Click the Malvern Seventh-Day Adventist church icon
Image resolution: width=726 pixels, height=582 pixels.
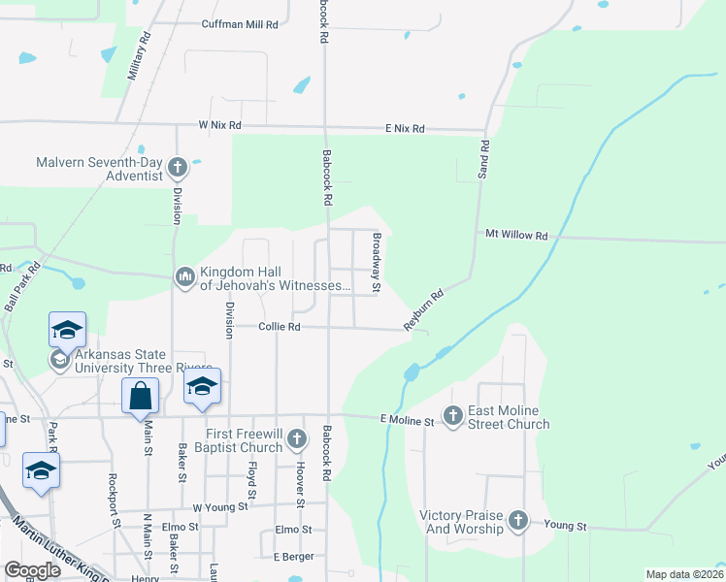pyautogui.click(x=177, y=169)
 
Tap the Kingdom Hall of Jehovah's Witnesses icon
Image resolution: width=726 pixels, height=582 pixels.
pyautogui.click(x=185, y=278)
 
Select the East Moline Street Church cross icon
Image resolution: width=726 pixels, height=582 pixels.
pyautogui.click(x=453, y=416)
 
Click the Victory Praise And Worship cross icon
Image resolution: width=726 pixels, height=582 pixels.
pyautogui.click(x=517, y=521)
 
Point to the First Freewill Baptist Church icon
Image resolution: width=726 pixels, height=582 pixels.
pyautogui.click(x=297, y=441)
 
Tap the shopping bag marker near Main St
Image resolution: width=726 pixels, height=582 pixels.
pyautogui.click(x=140, y=396)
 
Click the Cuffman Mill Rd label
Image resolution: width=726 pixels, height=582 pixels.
pyautogui.click(x=239, y=24)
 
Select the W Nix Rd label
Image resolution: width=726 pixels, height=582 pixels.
pyautogui.click(x=218, y=125)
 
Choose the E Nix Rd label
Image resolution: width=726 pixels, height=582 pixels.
pyautogui.click(x=405, y=128)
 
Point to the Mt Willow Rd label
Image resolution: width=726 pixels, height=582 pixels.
pyautogui.click(x=516, y=235)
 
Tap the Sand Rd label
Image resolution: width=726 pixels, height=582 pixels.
pyautogui.click(x=484, y=158)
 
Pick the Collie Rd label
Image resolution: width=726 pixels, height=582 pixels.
pyautogui.click(x=280, y=327)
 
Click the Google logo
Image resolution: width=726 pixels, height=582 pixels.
pyautogui.click(x=32, y=570)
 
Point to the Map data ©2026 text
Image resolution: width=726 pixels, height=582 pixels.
pyautogui.click(x=683, y=574)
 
